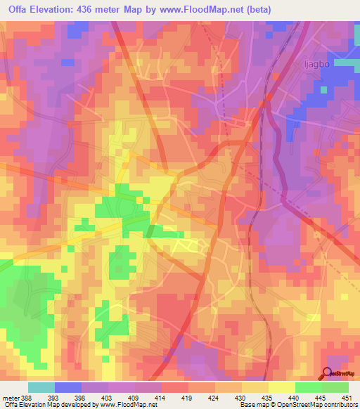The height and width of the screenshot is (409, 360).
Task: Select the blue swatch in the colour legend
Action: [x=67, y=387]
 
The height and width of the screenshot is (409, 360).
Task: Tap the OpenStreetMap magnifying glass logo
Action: [x=328, y=374]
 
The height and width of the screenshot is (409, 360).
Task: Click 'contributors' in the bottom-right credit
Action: [x=338, y=405]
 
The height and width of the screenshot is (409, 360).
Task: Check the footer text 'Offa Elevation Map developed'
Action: [x=42, y=405]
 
